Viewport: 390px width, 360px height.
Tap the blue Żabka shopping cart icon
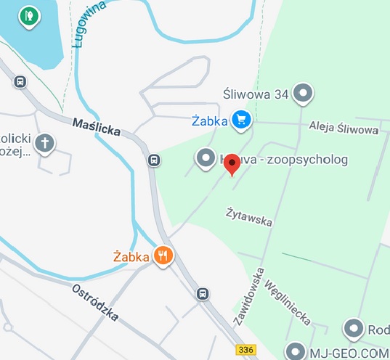coord(242,120)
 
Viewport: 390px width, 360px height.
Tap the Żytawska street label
coord(248,216)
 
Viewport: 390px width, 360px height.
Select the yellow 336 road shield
coord(247,350)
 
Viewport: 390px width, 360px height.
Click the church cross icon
coord(45,143)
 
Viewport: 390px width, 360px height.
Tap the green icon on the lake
coord(28,15)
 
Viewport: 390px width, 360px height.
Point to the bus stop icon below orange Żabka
coord(203,293)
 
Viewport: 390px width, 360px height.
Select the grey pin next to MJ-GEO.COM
coord(294,351)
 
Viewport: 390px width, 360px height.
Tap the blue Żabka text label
coord(211,120)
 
